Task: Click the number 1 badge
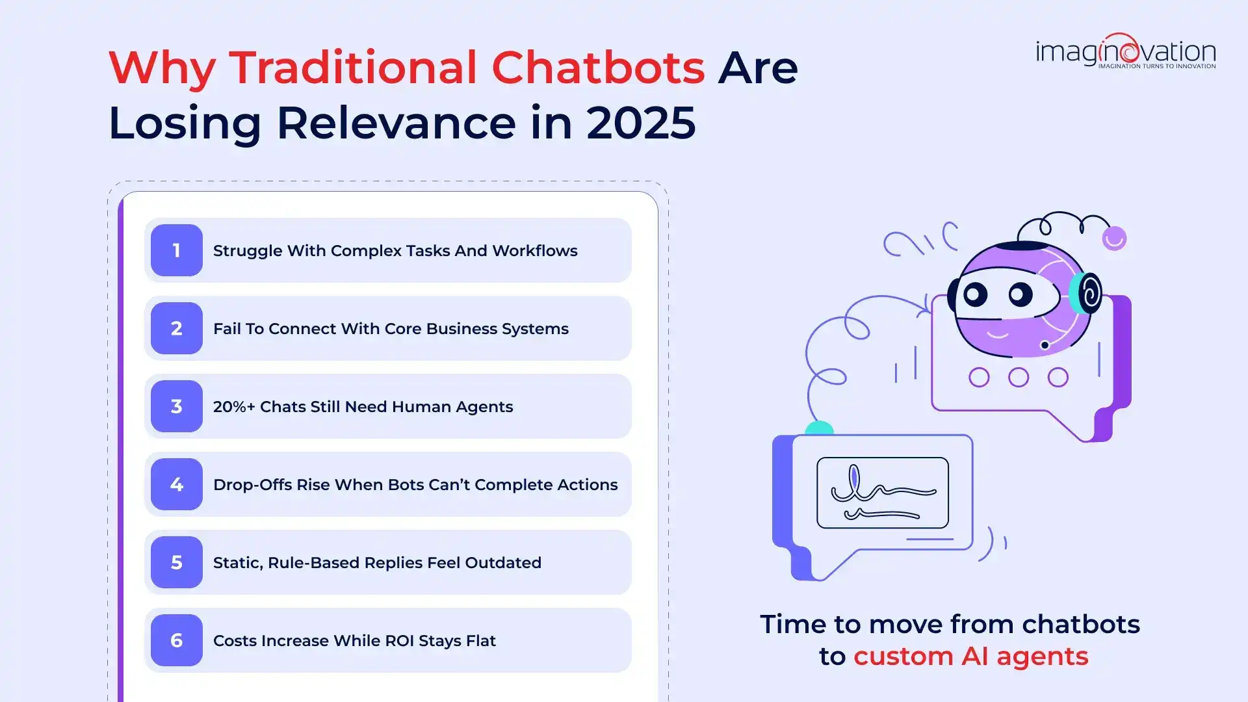pyautogui.click(x=176, y=250)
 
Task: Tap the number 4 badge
pyautogui.click(x=176, y=484)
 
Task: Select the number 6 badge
pyautogui.click(x=176, y=640)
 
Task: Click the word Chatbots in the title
pyautogui.click(x=597, y=67)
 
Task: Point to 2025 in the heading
pyautogui.click(x=640, y=122)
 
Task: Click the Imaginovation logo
pyautogui.click(x=1125, y=51)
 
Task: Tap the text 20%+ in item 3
pyautogui.click(x=234, y=407)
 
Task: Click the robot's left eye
pyautogui.click(x=975, y=294)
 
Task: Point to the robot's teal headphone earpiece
pyautogui.click(x=1086, y=293)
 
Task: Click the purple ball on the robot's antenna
pyautogui.click(x=1114, y=239)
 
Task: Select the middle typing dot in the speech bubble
pyautogui.click(x=1019, y=377)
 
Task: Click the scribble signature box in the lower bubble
pyautogui.click(x=883, y=493)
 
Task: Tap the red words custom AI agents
pyautogui.click(x=970, y=656)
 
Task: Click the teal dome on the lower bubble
pyautogui.click(x=819, y=428)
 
